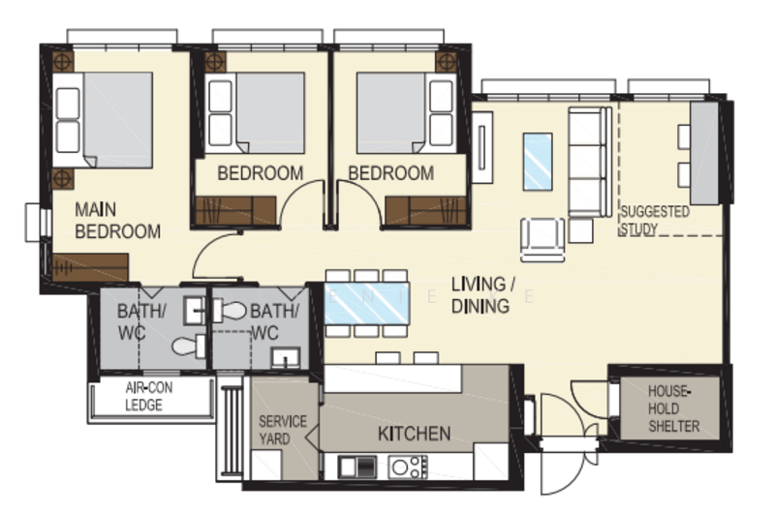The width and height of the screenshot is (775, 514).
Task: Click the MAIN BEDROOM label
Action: (117, 221)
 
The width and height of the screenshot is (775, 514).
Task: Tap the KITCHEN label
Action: (415, 434)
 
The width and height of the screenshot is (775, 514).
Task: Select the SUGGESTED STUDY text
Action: (655, 220)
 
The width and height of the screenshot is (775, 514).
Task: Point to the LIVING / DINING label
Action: (483, 295)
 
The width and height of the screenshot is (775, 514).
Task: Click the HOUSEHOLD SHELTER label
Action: (673, 408)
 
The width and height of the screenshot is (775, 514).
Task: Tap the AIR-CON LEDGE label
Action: (148, 397)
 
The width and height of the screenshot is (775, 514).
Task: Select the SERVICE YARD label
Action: (283, 430)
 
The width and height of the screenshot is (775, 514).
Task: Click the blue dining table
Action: (366, 303)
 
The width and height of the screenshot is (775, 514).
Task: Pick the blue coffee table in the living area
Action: (538, 162)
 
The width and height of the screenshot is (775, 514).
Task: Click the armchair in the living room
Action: (542, 240)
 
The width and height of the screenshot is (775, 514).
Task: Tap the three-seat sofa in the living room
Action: (589, 162)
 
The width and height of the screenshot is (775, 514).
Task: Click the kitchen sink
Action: (356, 467)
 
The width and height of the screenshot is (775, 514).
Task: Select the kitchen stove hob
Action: (408, 468)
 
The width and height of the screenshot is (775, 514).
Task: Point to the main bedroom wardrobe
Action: (90, 267)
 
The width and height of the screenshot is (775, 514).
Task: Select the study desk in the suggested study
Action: (704, 153)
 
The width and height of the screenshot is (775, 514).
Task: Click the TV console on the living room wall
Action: (481, 147)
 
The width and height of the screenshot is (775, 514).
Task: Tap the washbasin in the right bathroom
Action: (286, 358)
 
